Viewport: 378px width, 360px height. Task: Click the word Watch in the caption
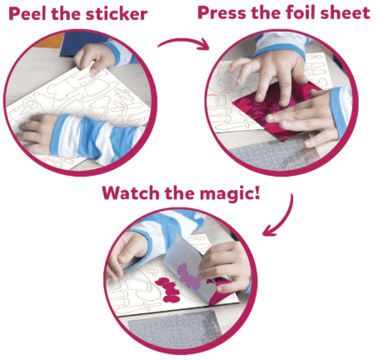click(134, 192)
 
